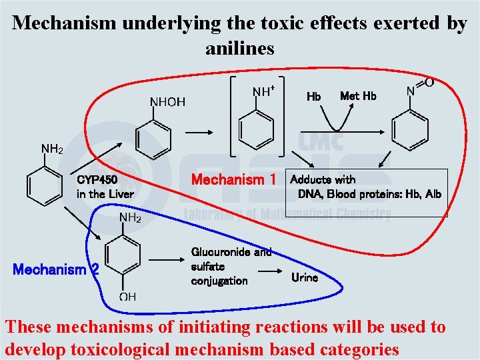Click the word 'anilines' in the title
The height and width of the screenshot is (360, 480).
(240, 48)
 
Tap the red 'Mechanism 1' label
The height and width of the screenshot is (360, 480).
(233, 179)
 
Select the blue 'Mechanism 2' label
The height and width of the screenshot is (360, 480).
(56, 270)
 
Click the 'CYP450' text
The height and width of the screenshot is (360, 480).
(97, 179)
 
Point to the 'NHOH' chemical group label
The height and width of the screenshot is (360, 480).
(167, 102)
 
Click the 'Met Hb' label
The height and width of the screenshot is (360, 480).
(358, 96)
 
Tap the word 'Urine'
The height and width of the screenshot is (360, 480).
(305, 277)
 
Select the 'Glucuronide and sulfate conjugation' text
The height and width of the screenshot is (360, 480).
(231, 266)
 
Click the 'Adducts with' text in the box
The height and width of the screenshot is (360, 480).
(323, 179)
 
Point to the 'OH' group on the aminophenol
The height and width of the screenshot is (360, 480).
(127, 297)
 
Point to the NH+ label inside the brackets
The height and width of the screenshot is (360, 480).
(264, 91)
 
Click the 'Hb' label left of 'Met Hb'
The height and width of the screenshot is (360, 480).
(313, 97)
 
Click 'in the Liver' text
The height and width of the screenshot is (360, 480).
(105, 194)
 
